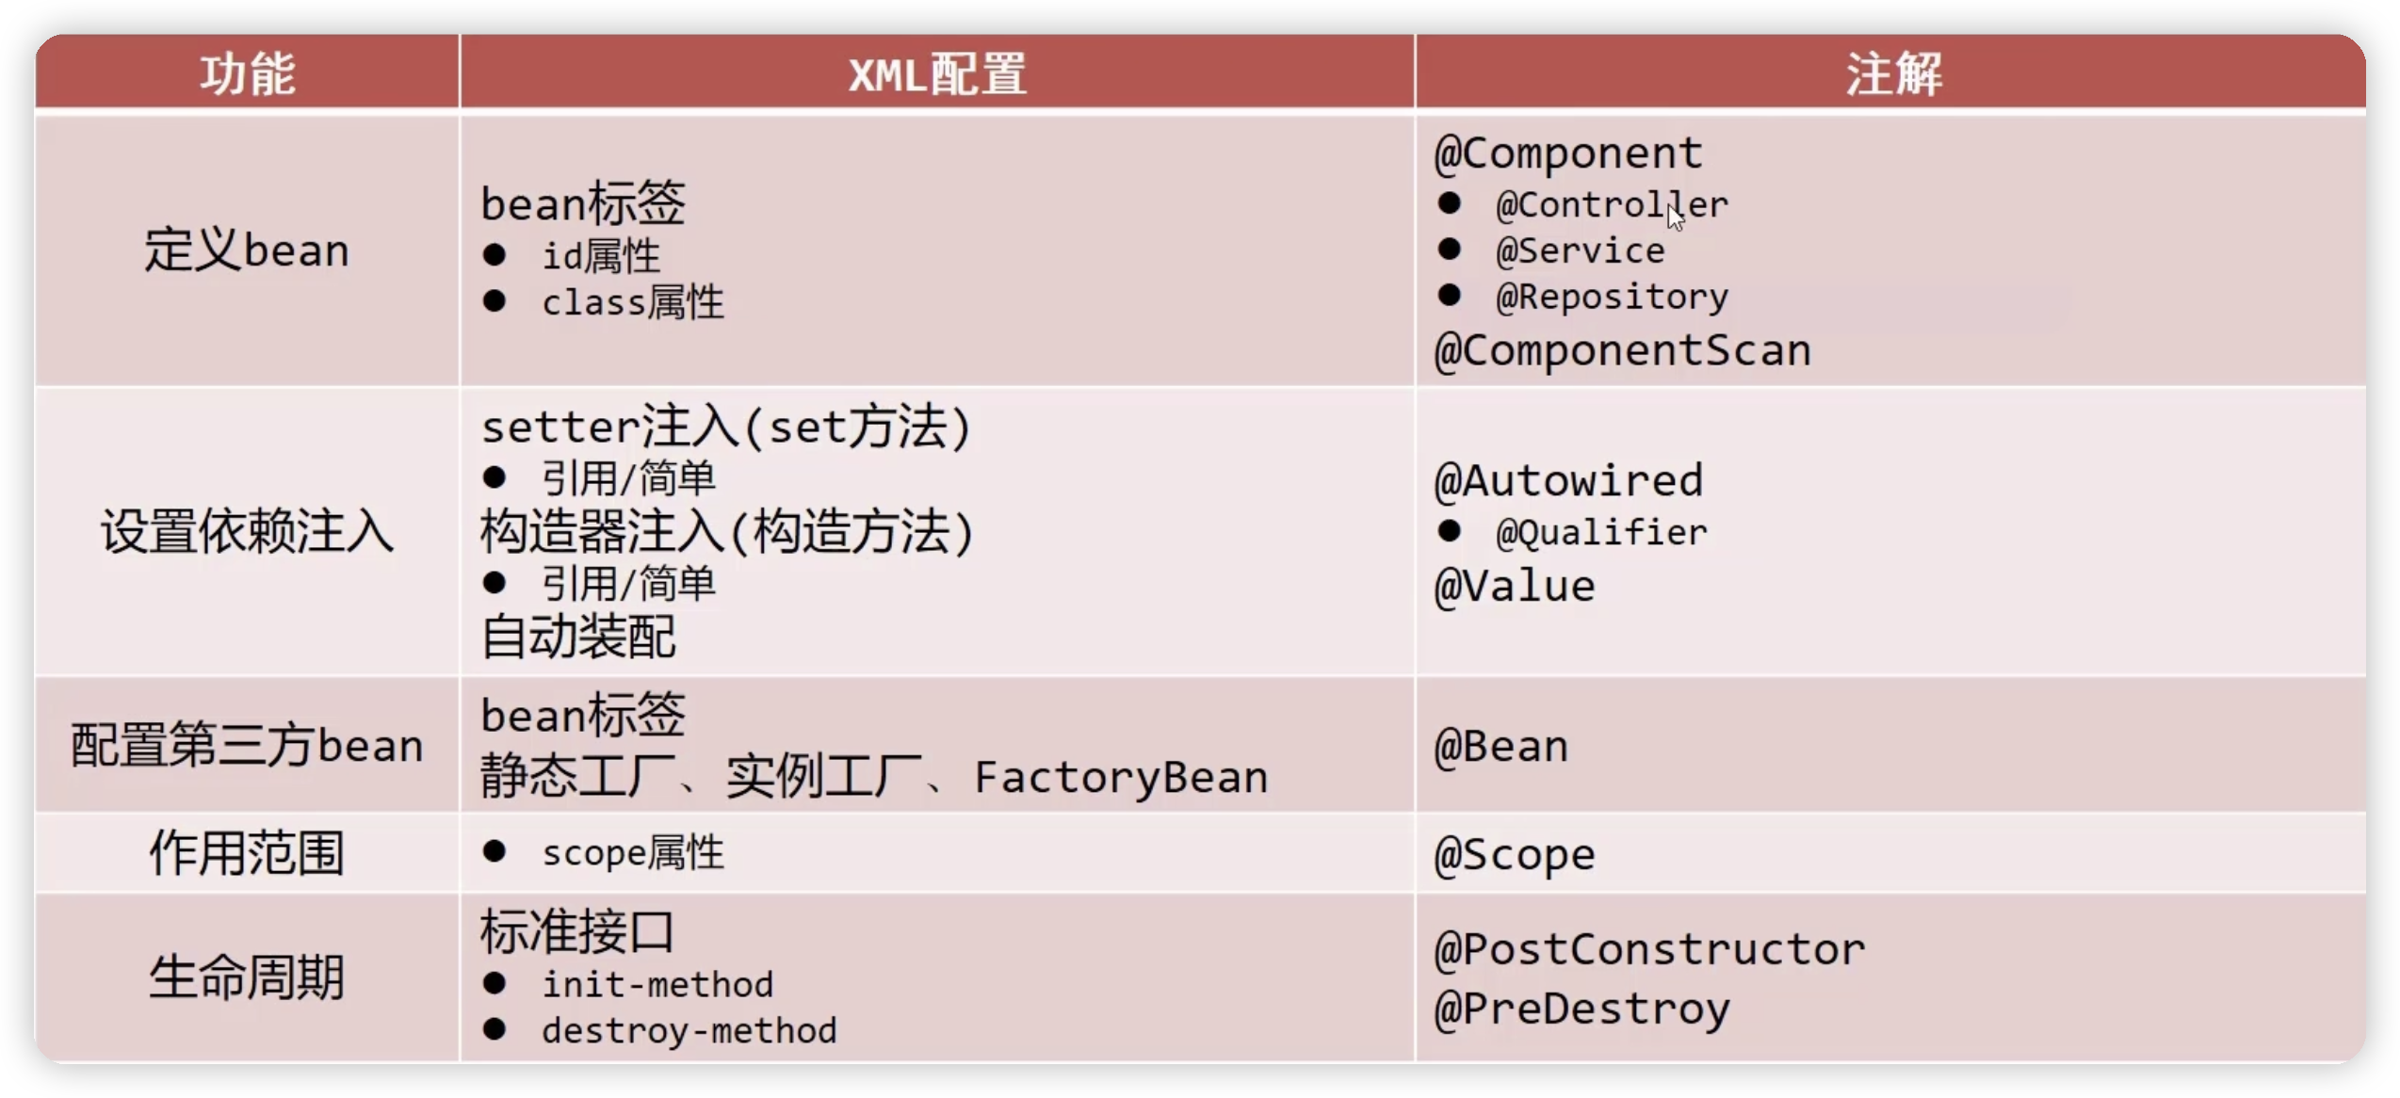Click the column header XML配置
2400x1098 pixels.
[x=937, y=73]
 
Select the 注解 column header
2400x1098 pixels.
[x=1893, y=73]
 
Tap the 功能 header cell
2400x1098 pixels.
[x=248, y=73]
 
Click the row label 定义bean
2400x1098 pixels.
[x=247, y=250]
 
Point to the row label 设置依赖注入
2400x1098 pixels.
[x=247, y=531]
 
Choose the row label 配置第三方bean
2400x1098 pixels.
[x=247, y=746]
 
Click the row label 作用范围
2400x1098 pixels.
[x=247, y=853]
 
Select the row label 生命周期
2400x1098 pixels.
[x=247, y=977]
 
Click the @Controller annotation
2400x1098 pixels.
[x=1612, y=204]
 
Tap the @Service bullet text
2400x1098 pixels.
[x=1580, y=250]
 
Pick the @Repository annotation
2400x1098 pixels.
[x=1612, y=298]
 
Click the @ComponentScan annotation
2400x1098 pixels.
[x=1622, y=350]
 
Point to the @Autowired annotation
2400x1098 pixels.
[x=1568, y=481]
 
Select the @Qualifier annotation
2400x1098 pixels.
[x=1601, y=533]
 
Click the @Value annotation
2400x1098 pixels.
[x=1515, y=587]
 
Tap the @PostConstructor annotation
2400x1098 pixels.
[x=1649, y=949]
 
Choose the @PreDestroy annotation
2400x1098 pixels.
[x=1581, y=1009]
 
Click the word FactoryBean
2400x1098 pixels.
[x=1121, y=778]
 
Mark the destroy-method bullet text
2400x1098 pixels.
[x=689, y=1031]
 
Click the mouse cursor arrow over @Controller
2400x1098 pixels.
[x=1675, y=217]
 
